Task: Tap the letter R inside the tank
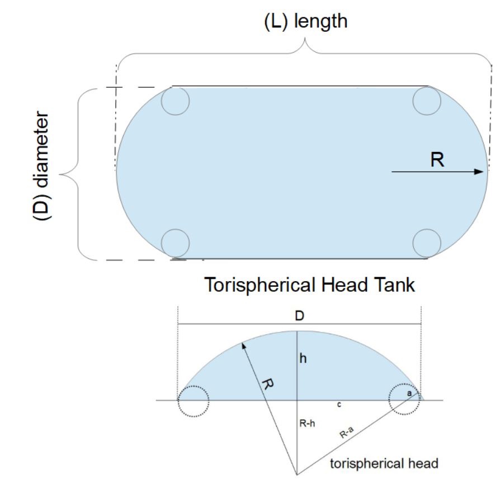pyautogui.click(x=438, y=160)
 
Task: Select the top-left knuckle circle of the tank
pyautogui.click(x=175, y=101)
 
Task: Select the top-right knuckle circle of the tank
pyautogui.click(x=427, y=101)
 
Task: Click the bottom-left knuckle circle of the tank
pyautogui.click(x=175, y=243)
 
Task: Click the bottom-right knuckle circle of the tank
pyautogui.click(x=427, y=243)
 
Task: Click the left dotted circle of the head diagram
pyautogui.click(x=193, y=401)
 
